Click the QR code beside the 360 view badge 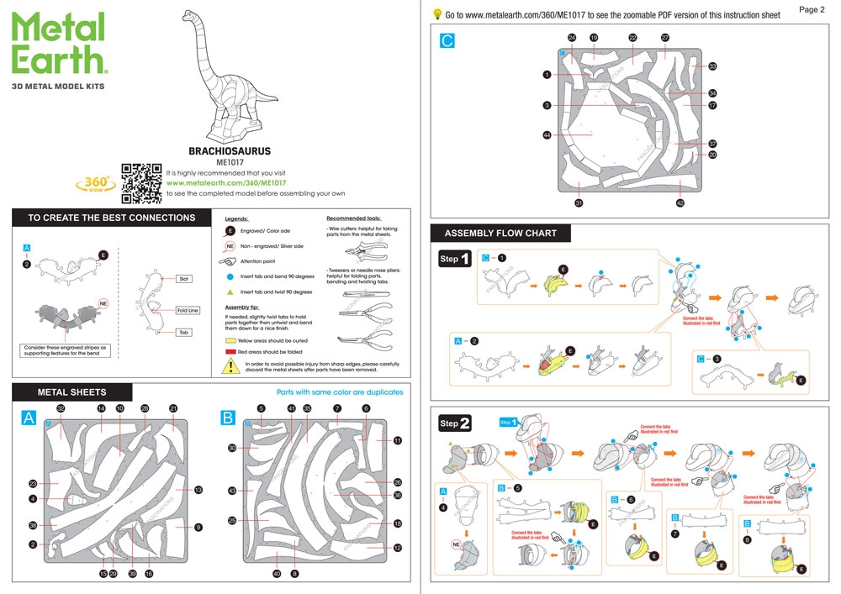coord(141,181)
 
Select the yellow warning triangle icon coord(229,365)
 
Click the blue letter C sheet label coord(447,39)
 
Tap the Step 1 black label coord(454,260)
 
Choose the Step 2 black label coord(454,424)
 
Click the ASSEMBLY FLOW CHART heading coord(500,233)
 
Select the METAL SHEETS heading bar coord(72,392)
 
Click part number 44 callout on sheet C coord(547,134)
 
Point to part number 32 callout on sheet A coord(61,408)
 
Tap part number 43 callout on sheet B coord(231,491)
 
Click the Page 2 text coord(812,10)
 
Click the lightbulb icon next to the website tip coord(437,13)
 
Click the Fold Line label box coord(188,310)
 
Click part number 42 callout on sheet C coord(680,202)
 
